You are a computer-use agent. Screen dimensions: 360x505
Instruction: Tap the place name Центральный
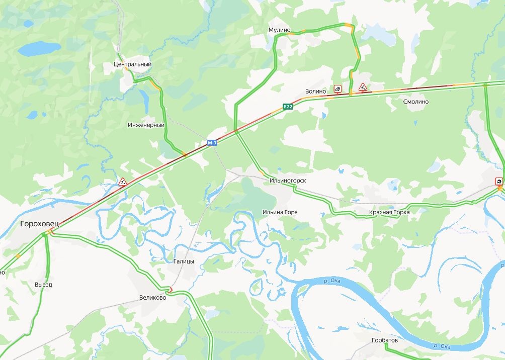[132, 64]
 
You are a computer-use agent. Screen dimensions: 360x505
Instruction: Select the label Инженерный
[146, 124]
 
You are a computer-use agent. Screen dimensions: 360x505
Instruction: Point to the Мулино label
[280, 30]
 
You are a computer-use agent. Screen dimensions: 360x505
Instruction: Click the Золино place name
[315, 91]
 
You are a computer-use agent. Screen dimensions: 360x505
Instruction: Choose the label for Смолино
[415, 102]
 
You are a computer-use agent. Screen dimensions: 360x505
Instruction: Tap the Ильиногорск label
[288, 180]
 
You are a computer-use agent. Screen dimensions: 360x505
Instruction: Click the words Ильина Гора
[280, 212]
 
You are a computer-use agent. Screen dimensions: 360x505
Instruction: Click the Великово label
[152, 298]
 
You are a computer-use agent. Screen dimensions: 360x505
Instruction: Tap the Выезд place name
[43, 285]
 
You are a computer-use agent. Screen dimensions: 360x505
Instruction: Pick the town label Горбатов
[384, 340]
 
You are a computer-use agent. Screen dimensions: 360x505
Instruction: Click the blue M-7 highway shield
[212, 143]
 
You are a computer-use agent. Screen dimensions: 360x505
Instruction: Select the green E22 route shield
[288, 107]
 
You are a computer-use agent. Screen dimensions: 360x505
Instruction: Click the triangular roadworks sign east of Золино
[363, 87]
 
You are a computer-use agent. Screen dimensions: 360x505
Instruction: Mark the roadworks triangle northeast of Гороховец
[122, 182]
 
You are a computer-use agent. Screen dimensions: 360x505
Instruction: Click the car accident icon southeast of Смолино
[499, 182]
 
